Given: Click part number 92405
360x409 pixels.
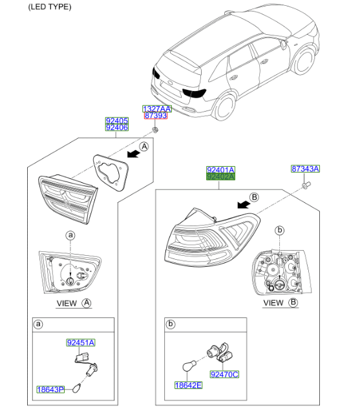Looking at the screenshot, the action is point(117,121).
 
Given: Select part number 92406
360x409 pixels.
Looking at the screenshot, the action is point(117,127).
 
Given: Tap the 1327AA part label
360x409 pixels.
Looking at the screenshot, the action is point(157,109).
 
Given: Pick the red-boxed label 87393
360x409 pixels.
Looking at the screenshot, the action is point(156,116).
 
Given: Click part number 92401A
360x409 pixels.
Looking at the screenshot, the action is point(220,170).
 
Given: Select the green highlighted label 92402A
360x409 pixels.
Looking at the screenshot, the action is point(220,177).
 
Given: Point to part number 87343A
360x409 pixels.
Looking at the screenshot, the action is point(305,169).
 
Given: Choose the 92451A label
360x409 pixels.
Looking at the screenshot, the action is point(81,342).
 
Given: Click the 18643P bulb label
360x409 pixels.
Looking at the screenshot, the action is point(50,390).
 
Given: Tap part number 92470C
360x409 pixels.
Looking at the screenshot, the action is point(225,375).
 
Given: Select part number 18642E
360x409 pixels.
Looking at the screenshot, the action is point(188,385).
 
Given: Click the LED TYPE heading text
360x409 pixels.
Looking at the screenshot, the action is point(50,6).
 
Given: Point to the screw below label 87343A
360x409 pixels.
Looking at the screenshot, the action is point(306,185).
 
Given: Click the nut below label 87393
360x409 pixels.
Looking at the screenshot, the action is point(156,130).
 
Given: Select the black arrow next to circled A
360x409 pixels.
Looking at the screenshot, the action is point(134,154).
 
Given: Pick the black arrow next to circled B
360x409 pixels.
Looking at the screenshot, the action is point(244,205).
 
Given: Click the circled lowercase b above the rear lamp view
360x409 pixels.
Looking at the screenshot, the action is point(280,230).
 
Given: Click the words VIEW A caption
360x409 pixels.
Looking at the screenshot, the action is point(74,304).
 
